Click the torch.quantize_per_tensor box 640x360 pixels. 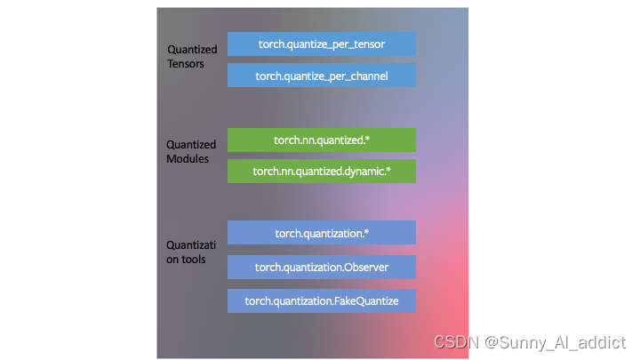[x=321, y=44]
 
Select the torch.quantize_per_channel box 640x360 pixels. [x=321, y=76]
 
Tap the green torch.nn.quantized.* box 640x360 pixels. [x=321, y=140]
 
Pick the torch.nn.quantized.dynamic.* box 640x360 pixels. [x=321, y=171]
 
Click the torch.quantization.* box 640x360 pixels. [x=321, y=233]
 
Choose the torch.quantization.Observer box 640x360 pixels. [x=321, y=267]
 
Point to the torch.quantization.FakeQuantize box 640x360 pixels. [x=321, y=301]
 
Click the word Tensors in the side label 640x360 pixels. [x=187, y=64]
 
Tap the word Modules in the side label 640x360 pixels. [x=188, y=158]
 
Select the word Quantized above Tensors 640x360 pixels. [x=191, y=51]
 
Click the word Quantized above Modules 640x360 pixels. [x=191, y=145]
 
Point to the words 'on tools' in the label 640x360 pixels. [x=187, y=259]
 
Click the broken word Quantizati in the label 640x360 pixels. [x=191, y=245]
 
